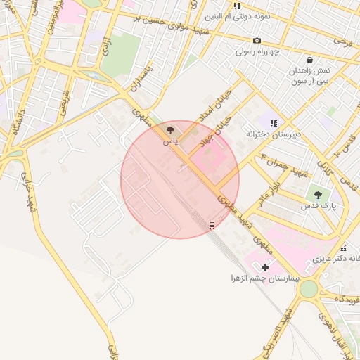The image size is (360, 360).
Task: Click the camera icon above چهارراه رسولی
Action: click(x=257, y=41)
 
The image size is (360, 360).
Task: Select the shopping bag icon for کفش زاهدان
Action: click(x=310, y=60)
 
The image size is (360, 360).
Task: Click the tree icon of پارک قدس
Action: click(x=319, y=195)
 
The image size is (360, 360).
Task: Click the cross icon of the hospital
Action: click(x=265, y=267)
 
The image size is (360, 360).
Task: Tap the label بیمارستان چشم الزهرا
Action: click(x=266, y=278)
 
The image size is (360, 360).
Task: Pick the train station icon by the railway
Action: click(x=212, y=225)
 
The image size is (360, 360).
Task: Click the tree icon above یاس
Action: click(x=170, y=130)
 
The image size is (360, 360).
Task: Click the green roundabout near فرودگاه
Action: click(x=307, y=289)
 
